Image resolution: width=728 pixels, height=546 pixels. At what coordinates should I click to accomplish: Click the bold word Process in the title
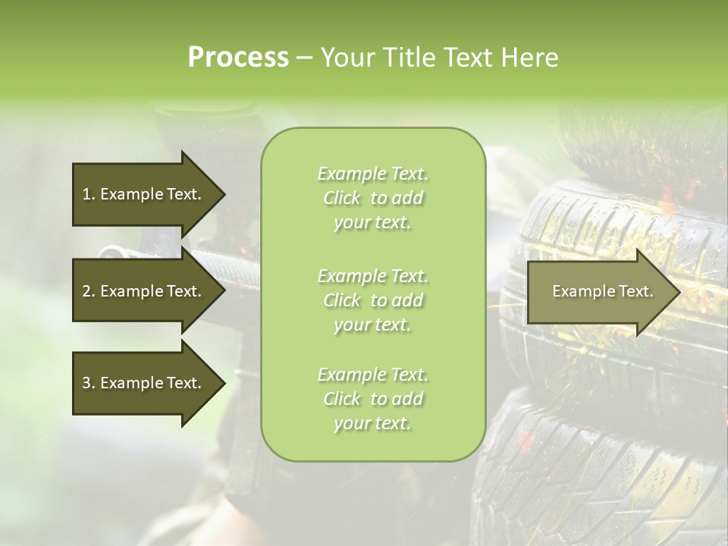(238, 58)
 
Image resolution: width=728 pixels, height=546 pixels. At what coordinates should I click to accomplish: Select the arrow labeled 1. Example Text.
(144, 194)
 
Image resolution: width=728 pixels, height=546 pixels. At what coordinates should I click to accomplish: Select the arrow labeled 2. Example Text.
(144, 291)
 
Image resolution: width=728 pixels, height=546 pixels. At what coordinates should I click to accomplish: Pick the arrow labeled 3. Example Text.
(144, 383)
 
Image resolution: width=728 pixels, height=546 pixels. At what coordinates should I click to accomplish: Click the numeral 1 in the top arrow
(86, 194)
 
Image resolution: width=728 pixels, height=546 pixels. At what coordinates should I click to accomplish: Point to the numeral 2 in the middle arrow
(86, 291)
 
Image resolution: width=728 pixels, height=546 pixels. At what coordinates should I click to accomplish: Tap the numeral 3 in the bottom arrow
(86, 383)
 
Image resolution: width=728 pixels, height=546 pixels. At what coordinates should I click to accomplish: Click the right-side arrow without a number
(599, 291)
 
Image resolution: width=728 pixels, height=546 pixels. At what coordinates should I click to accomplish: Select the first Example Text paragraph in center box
(372, 198)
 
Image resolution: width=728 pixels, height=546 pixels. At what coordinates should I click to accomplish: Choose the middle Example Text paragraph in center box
(372, 300)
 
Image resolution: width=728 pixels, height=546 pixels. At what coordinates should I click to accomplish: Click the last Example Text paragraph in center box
(372, 399)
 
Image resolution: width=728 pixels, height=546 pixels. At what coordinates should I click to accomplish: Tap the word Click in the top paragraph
(342, 198)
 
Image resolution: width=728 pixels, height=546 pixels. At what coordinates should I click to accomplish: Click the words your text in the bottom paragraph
(372, 423)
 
